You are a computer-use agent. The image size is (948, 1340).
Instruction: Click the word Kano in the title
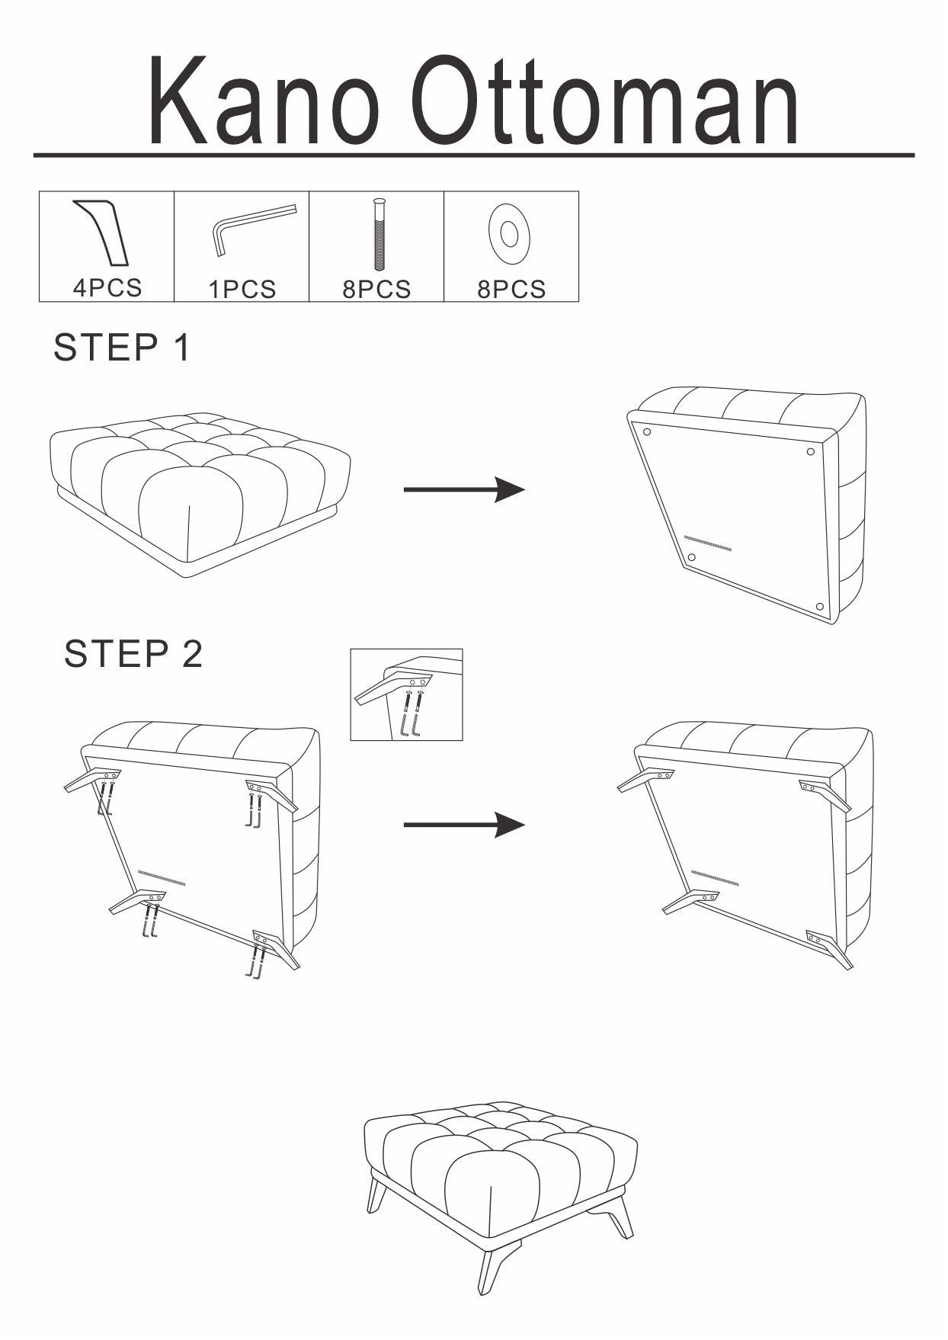(x=263, y=101)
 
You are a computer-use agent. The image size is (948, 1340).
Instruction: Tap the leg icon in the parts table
(x=103, y=233)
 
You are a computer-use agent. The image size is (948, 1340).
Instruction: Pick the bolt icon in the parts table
(x=379, y=234)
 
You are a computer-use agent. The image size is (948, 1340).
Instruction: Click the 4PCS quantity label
(x=107, y=288)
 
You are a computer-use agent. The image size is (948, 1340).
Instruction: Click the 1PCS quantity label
(x=242, y=290)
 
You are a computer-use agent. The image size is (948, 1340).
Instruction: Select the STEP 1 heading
(x=121, y=348)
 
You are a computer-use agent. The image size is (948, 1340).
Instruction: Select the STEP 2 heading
(x=133, y=654)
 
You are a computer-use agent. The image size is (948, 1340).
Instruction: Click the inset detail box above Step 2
(x=406, y=694)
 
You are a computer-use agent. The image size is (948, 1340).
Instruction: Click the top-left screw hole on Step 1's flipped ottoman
(x=647, y=432)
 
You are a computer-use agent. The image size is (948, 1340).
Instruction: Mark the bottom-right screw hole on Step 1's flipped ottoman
(x=820, y=607)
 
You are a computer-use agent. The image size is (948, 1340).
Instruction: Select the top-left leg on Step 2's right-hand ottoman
(x=644, y=780)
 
